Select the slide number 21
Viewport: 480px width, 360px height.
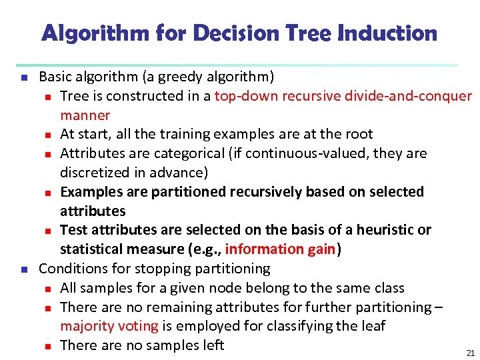[471, 353]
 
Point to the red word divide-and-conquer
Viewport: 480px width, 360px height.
[408, 96]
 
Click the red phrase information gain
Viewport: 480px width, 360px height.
[281, 249]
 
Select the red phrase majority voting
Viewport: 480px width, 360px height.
[109, 326]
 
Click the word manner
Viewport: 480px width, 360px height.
[85, 115]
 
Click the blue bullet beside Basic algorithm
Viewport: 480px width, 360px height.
[23, 77]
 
